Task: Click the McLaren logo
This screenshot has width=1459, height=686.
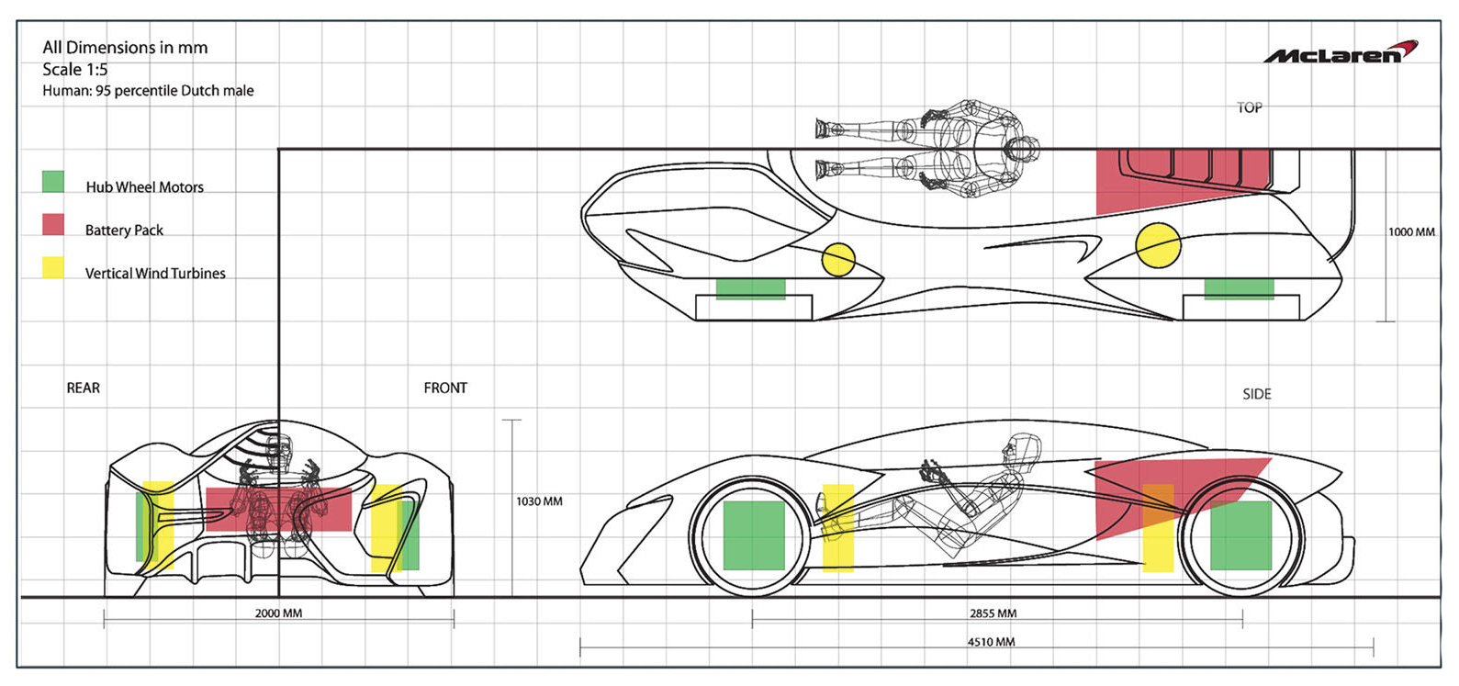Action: [x=1341, y=52]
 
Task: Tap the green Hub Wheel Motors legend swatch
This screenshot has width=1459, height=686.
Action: [x=53, y=182]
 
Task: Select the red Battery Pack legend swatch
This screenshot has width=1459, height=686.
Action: [x=53, y=225]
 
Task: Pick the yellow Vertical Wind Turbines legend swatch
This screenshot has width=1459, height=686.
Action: [x=53, y=268]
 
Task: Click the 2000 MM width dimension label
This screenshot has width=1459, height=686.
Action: [x=278, y=613]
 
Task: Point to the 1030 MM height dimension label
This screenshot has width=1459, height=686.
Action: [x=539, y=501]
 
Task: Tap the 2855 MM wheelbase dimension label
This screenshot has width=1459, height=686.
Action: [x=993, y=613]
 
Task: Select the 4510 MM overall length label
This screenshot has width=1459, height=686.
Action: [x=991, y=642]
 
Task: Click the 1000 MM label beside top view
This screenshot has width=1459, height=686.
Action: [x=1411, y=232]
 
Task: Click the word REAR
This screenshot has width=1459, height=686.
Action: [x=84, y=388]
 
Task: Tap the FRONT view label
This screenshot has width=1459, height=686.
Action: [x=445, y=388]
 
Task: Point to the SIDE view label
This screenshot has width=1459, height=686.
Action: [x=1257, y=394]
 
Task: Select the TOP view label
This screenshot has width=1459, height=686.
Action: [x=1250, y=107]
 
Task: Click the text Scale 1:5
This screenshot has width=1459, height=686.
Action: [x=75, y=70]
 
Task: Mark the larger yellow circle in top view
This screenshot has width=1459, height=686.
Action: [x=1158, y=245]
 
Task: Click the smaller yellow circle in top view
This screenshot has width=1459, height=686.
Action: [x=838, y=259]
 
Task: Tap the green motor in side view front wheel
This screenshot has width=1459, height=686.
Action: [x=754, y=535]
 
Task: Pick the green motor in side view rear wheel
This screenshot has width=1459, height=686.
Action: [x=1240, y=535]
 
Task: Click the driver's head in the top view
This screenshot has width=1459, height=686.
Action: [x=1020, y=149]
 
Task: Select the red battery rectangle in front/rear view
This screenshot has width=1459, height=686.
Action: [x=279, y=510]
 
